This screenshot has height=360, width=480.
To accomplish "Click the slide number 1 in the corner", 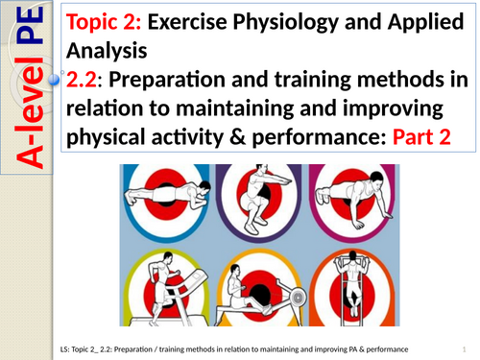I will (x=462, y=348).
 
